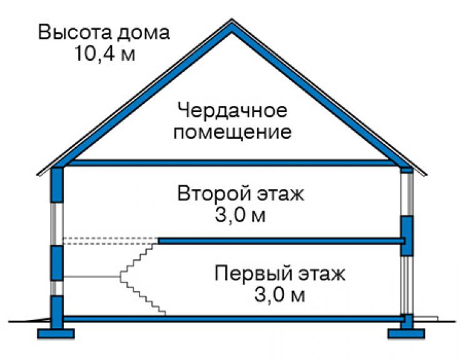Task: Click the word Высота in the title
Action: point(74,32)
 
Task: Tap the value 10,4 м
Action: point(105,53)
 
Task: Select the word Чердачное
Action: point(232,111)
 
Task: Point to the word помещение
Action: point(232,132)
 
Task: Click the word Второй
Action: point(215,193)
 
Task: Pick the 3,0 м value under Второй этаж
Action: point(240,215)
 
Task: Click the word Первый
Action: point(253,274)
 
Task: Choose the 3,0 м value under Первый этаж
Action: point(279,295)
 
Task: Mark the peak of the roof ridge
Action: point(232,19)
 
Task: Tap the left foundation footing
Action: point(56,334)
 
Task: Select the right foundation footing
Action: point(406,334)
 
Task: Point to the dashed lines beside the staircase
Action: point(111,241)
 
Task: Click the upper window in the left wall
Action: point(57,224)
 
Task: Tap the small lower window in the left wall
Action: point(57,288)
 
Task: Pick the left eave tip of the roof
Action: point(37,175)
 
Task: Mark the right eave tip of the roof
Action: point(426,175)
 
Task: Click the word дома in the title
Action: point(143,33)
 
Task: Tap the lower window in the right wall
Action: point(407,285)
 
